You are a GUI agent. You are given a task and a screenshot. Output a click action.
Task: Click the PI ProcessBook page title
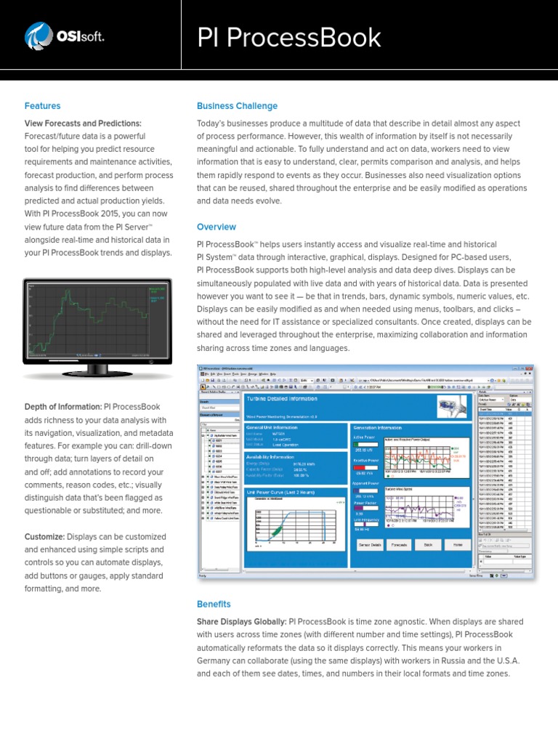click(289, 37)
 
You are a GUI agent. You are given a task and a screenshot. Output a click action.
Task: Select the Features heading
click(42, 106)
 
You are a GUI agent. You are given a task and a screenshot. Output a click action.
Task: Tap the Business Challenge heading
click(237, 106)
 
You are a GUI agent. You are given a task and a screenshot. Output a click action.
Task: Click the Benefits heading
click(214, 604)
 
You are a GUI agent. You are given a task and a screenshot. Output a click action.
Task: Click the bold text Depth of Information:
click(63, 407)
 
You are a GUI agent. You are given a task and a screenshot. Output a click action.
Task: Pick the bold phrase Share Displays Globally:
click(241, 622)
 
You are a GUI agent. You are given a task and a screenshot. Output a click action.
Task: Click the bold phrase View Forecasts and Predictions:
click(83, 124)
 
